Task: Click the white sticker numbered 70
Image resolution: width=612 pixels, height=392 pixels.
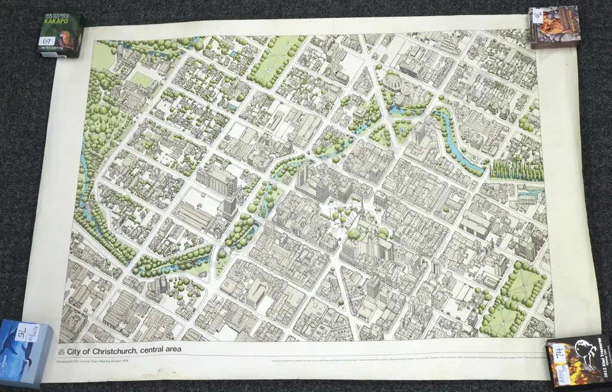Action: pos(537,16)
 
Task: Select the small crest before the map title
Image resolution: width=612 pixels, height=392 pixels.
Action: pos(61,351)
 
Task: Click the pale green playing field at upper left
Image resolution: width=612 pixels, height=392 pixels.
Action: pos(141,79)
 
